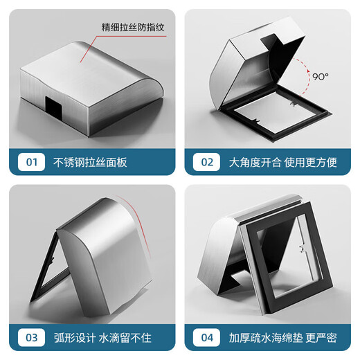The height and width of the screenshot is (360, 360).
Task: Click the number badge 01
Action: point(30,163)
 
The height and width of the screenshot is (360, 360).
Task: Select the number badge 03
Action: point(30,338)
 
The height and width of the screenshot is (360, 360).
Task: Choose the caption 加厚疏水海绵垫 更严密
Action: point(282,338)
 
